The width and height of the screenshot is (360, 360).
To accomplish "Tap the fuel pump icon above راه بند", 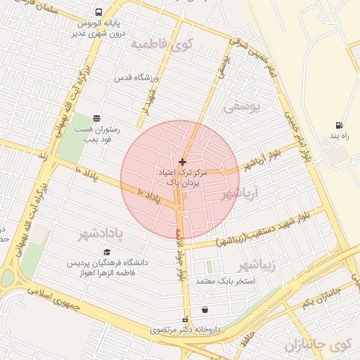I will click(x=339, y=125).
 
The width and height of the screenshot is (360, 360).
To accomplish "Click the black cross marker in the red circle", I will click(x=183, y=162).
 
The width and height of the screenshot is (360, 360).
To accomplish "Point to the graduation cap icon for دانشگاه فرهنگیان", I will click(x=107, y=252).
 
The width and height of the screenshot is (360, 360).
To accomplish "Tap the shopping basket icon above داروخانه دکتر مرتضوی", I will click(x=205, y=310).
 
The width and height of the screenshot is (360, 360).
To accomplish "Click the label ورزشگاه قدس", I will click(x=139, y=78).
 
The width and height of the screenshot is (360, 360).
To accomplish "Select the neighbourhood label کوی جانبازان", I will click(x=319, y=345).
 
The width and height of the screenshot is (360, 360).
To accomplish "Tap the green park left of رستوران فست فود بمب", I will click(x=71, y=137).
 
